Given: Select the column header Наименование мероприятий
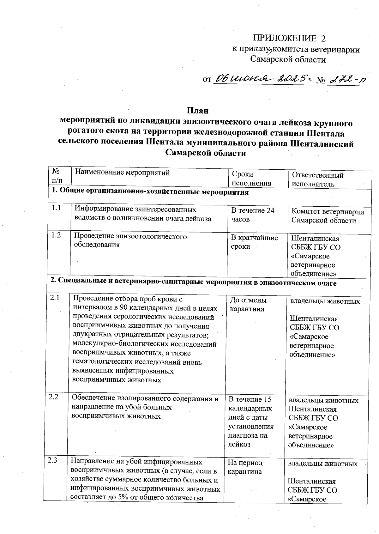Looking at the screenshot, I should pos(123,173).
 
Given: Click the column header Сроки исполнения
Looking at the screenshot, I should pos(251,179).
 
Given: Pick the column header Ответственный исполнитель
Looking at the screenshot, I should pos(317,179).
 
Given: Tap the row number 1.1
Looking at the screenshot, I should pos(56,208).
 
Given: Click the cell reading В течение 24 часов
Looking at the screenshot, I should pos(253,215).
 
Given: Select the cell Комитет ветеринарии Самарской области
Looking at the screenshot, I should pos(328,216).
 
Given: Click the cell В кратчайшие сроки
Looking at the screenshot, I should pos(255,242).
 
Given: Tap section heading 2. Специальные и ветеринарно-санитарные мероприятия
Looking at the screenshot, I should pos(193,283).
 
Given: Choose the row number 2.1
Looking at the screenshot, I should pos(54,297).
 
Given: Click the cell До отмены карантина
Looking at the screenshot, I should pos(248,304).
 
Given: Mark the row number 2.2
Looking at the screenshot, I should pos(54,397).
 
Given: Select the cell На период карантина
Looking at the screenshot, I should pos(245,467).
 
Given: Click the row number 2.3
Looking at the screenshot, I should pos(53,460).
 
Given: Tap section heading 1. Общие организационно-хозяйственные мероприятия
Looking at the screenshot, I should pos(150,192).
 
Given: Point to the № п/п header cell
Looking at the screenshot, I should pos(57,176).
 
